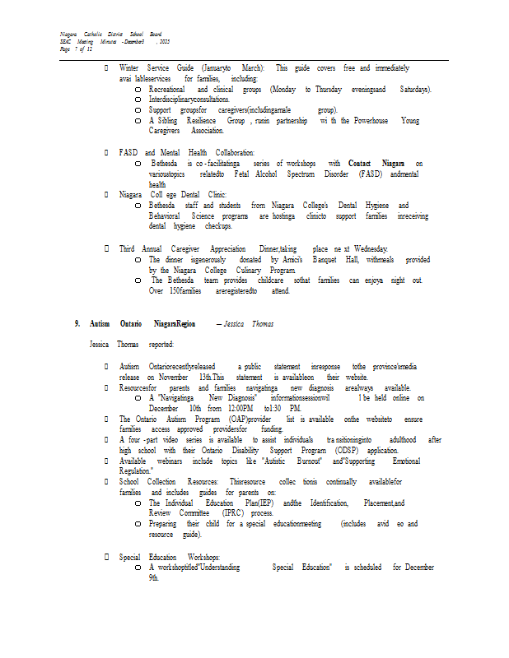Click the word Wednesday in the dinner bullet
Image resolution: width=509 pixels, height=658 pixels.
pyautogui.click(x=366, y=248)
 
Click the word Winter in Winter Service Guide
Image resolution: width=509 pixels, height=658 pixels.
pyautogui.click(x=128, y=67)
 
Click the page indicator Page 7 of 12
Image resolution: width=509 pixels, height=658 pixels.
pyautogui.click(x=76, y=49)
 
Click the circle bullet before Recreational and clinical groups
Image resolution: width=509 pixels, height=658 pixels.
pyautogui.click(x=138, y=90)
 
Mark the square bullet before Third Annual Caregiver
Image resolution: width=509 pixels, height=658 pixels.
pyautogui.click(x=106, y=249)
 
